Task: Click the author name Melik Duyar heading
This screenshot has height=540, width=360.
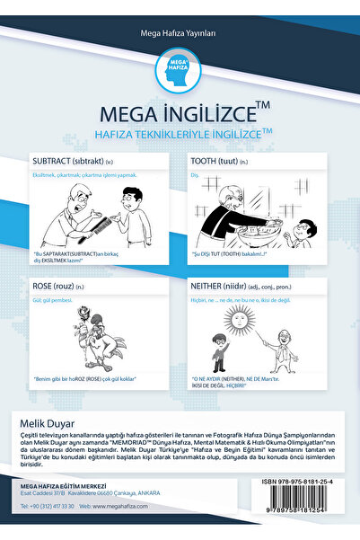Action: tap(50, 420)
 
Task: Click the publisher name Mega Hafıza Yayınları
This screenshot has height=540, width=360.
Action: tap(180, 33)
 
